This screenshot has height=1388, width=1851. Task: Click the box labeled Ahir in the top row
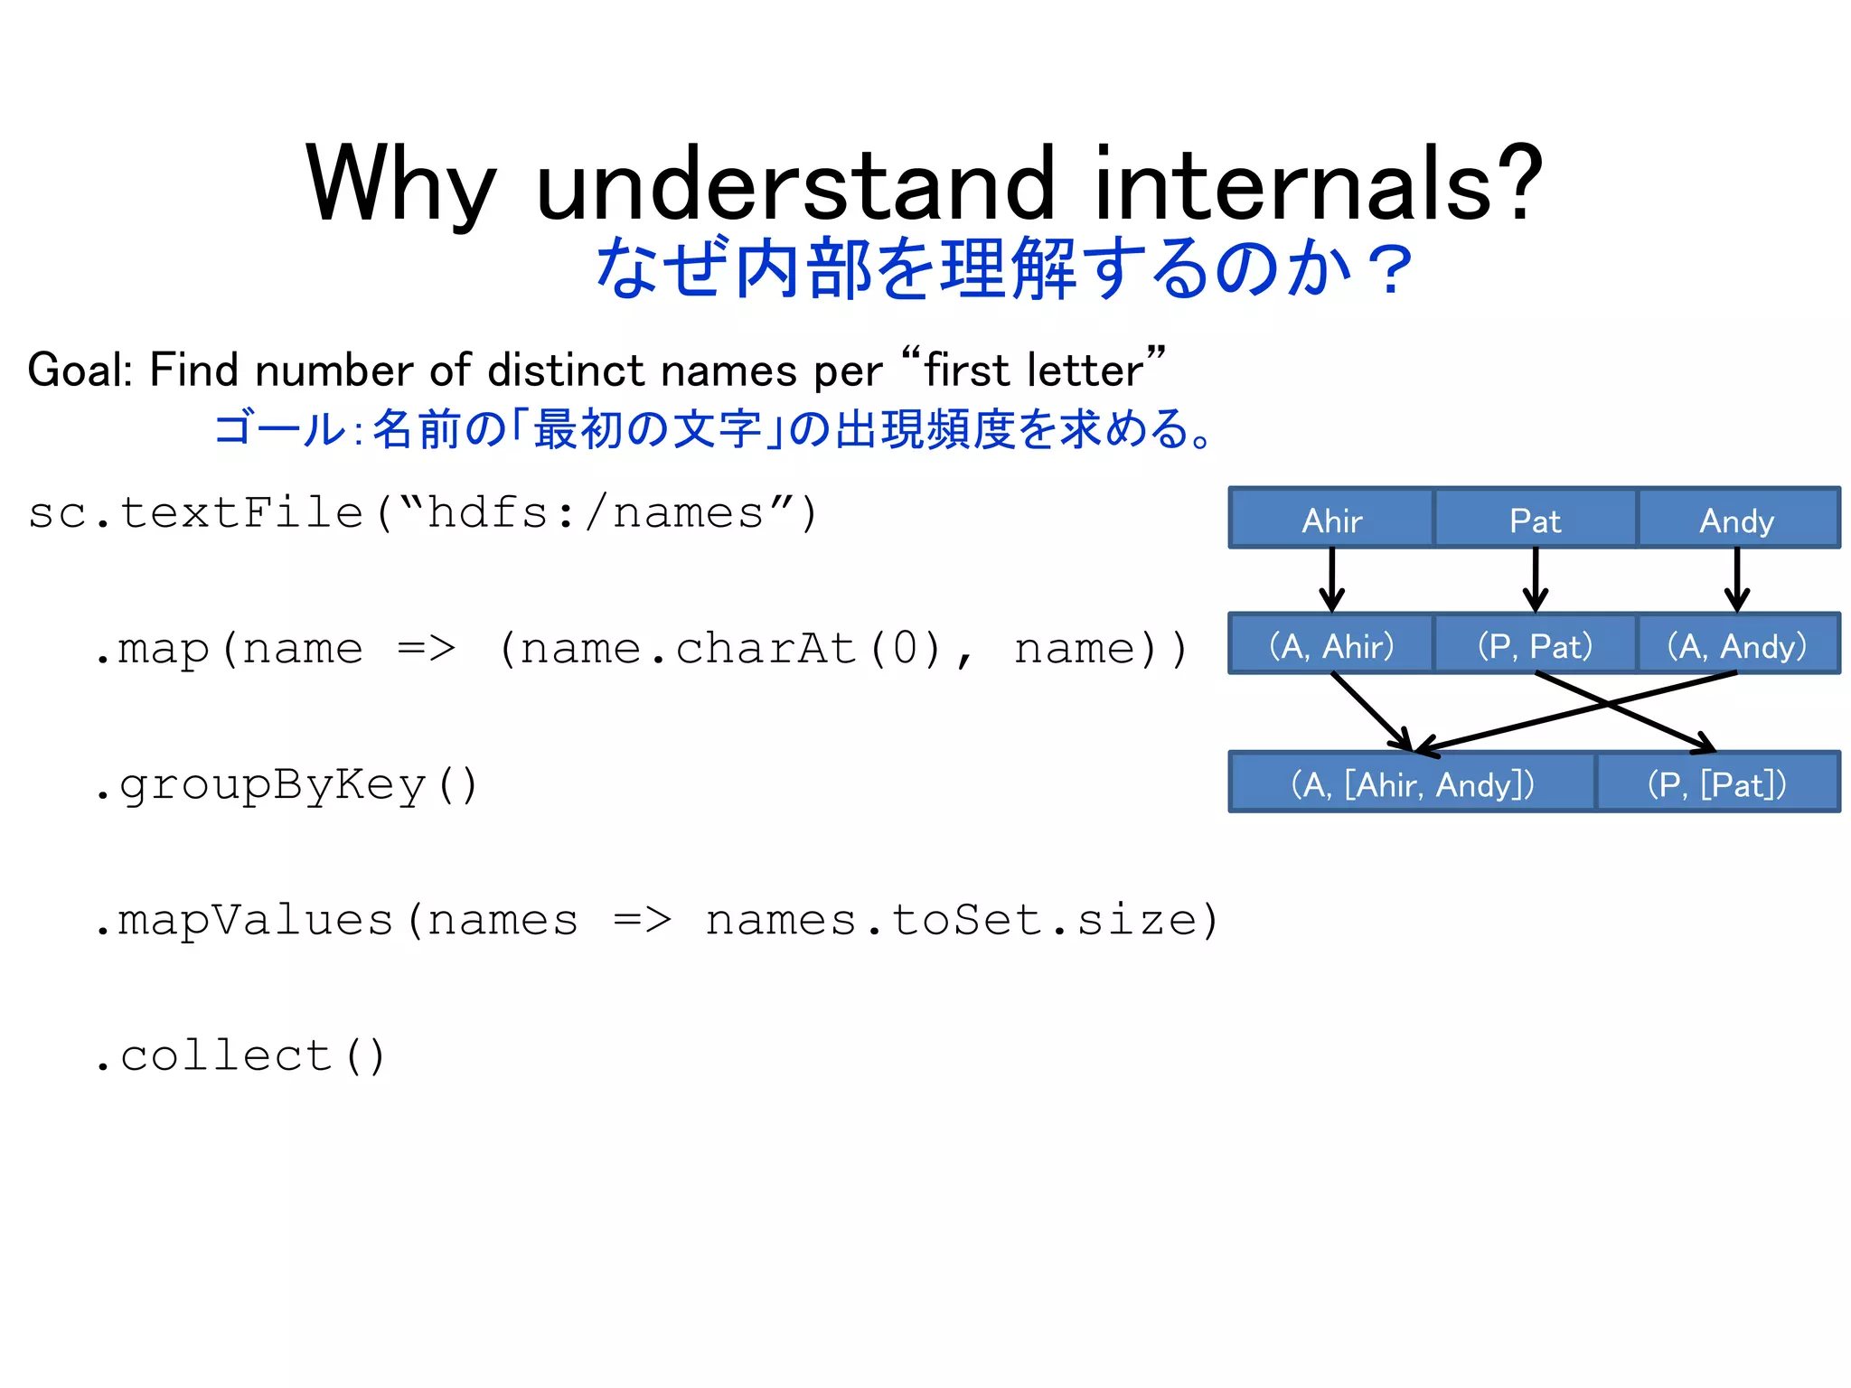point(1331,519)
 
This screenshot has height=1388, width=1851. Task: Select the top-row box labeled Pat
point(1535,519)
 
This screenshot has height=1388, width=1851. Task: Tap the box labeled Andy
point(1737,519)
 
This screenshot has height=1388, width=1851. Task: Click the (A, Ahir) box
point(1331,644)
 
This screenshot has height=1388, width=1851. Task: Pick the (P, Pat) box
point(1535,644)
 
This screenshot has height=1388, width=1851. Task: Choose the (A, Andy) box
point(1737,644)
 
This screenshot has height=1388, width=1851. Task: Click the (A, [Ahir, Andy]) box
point(1412,783)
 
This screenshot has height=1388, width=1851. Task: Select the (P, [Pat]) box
point(1717,783)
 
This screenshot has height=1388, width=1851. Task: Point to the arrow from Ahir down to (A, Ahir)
point(1331,579)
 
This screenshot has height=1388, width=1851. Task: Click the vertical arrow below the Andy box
point(1737,579)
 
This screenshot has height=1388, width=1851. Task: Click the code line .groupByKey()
point(285,783)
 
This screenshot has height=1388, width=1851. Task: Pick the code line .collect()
point(240,1055)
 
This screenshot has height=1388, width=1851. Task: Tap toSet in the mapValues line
point(967,920)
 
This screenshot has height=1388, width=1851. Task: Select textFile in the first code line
point(241,512)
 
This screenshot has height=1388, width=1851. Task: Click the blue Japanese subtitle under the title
point(1003,268)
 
